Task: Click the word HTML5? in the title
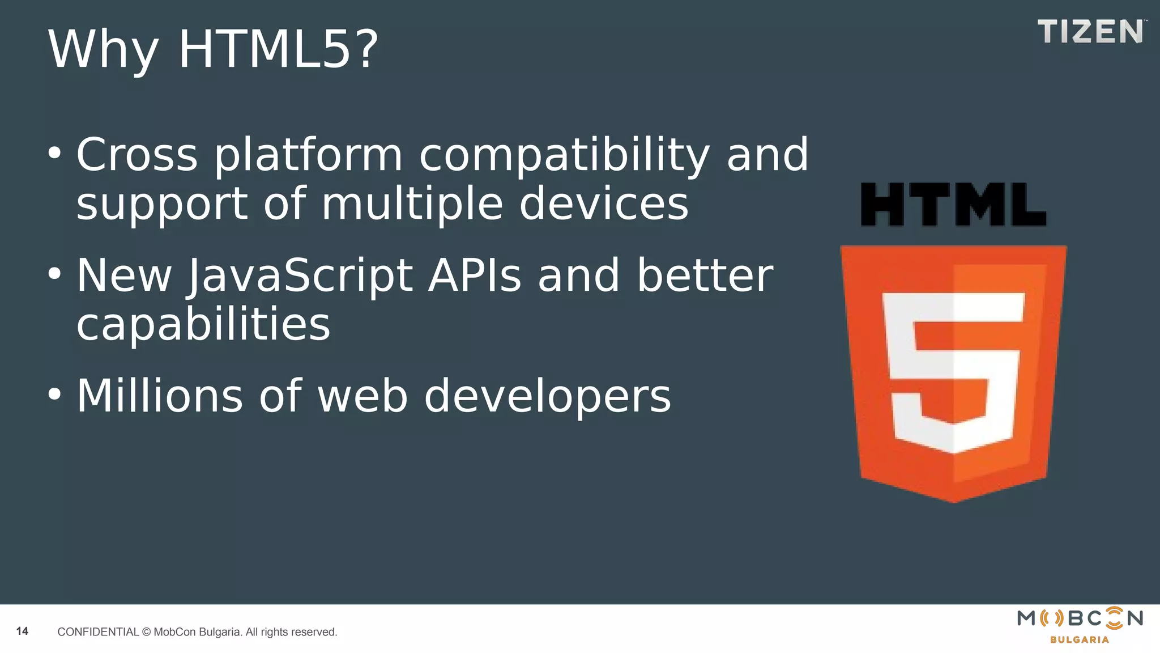click(278, 50)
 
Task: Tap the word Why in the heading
click(103, 51)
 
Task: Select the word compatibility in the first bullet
click(564, 156)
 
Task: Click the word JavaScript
click(301, 277)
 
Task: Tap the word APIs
click(474, 275)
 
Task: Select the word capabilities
click(203, 325)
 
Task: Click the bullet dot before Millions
click(54, 395)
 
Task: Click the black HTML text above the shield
click(953, 205)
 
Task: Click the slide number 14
click(22, 631)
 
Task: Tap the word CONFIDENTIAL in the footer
click(98, 632)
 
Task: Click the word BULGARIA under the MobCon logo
click(1079, 640)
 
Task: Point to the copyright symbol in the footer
click(146, 632)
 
